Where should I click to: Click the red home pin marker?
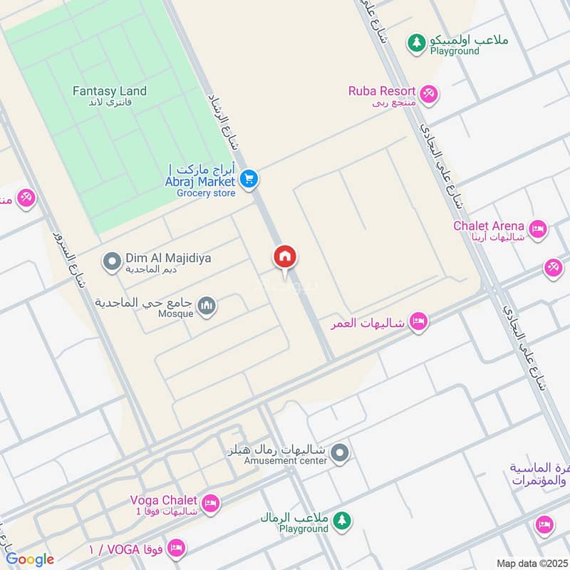click(x=285, y=257)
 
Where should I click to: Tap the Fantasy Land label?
click(x=110, y=91)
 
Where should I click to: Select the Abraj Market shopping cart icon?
click(x=248, y=179)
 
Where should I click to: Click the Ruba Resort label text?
click(x=382, y=91)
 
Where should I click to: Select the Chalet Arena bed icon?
click(x=538, y=229)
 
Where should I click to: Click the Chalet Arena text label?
click(x=489, y=227)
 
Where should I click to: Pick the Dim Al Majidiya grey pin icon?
click(x=111, y=262)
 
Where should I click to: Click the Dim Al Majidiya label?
click(x=168, y=259)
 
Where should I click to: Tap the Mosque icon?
click(x=207, y=306)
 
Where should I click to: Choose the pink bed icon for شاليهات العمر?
click(x=419, y=322)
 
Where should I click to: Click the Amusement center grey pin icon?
click(x=341, y=452)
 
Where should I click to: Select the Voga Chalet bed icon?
click(x=210, y=503)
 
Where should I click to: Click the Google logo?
click(x=30, y=559)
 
